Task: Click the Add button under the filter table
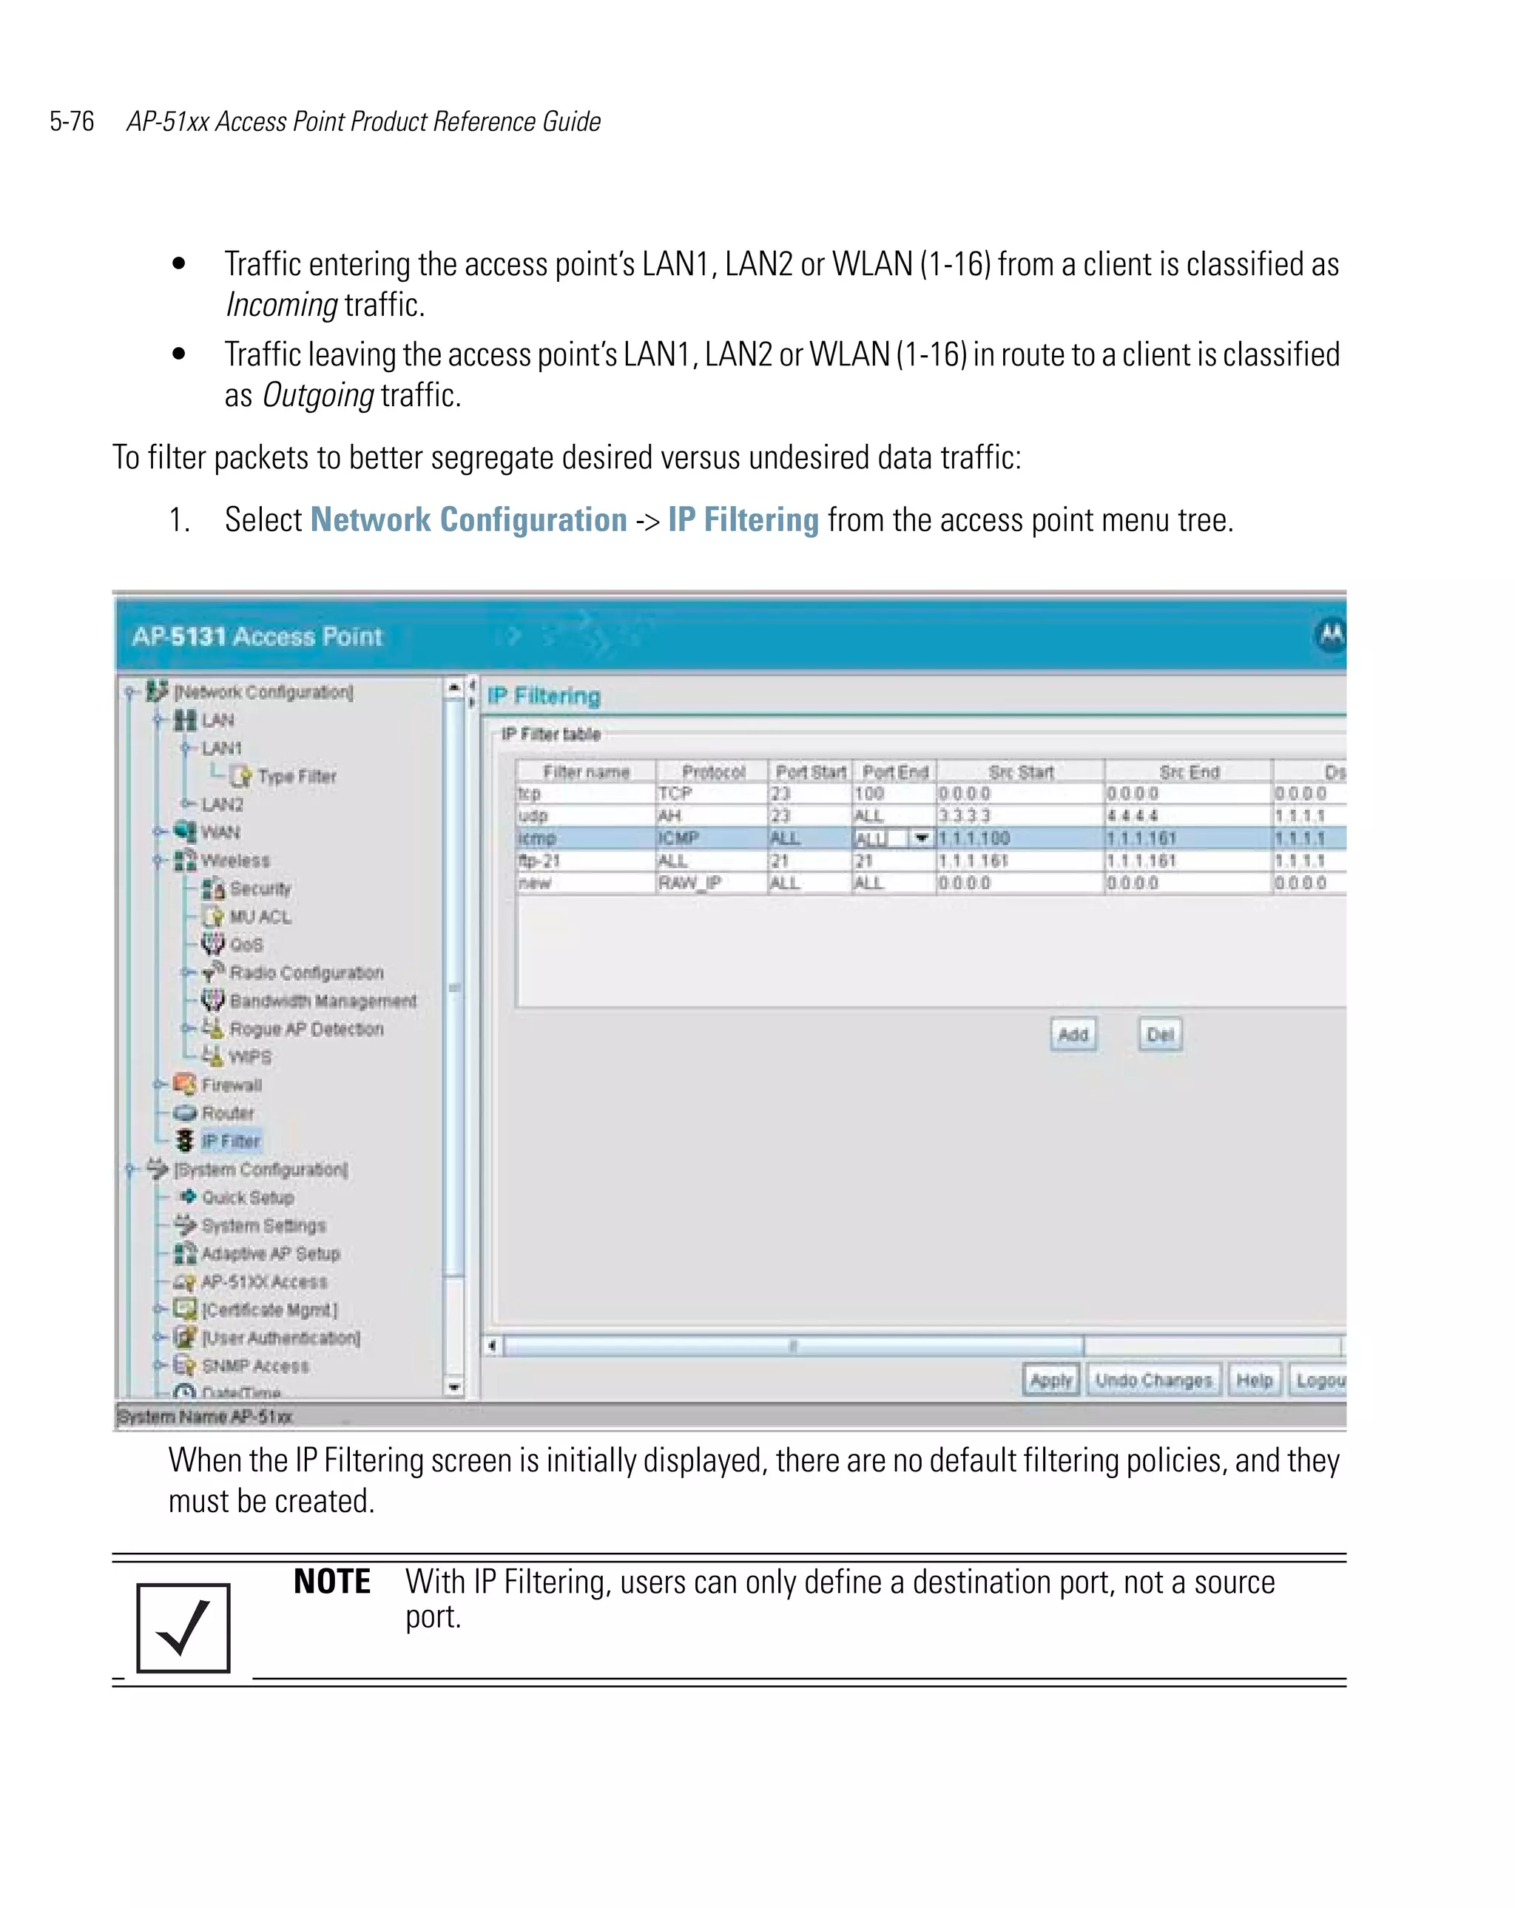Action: (1073, 1034)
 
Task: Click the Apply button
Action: (1050, 1380)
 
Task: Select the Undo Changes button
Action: (1153, 1380)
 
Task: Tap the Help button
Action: (1253, 1380)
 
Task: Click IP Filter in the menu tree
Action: (230, 1141)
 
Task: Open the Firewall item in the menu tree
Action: (231, 1085)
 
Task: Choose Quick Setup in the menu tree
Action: (247, 1197)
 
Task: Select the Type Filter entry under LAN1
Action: (297, 776)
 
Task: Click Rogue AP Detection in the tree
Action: (306, 1029)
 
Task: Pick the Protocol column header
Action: (712, 772)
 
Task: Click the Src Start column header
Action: (1020, 772)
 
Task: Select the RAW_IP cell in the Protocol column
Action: (689, 883)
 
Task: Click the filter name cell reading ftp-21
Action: (540, 860)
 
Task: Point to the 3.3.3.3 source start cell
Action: (965, 816)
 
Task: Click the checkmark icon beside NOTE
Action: (183, 1628)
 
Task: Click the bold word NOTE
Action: (332, 1582)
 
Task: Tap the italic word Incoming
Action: (281, 304)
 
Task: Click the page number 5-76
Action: (72, 121)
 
